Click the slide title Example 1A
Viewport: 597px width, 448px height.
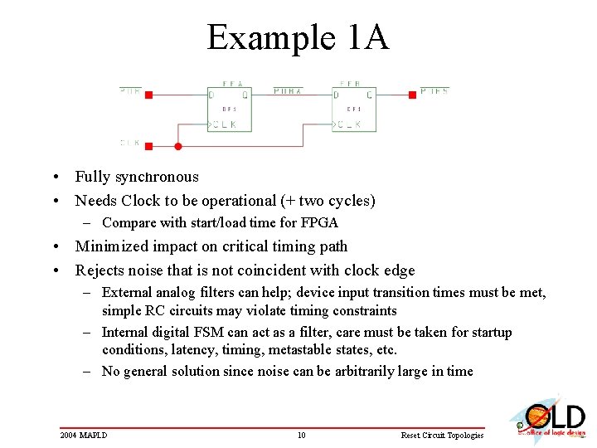point(298,37)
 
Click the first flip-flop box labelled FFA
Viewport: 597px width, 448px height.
point(229,109)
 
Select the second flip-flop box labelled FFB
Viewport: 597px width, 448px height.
point(354,109)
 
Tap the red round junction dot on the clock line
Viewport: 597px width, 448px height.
point(177,146)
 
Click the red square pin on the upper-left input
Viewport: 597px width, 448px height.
point(148,95)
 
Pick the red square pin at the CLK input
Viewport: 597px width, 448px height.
point(148,146)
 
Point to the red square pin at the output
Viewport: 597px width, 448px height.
point(412,95)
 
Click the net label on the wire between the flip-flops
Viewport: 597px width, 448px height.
point(288,90)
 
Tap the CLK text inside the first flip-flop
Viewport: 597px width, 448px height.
point(224,124)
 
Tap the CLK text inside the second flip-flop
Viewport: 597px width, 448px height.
point(349,124)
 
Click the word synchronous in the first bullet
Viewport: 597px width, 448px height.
point(157,177)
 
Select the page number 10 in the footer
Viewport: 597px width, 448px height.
point(302,435)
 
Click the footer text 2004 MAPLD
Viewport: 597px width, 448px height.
point(84,435)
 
